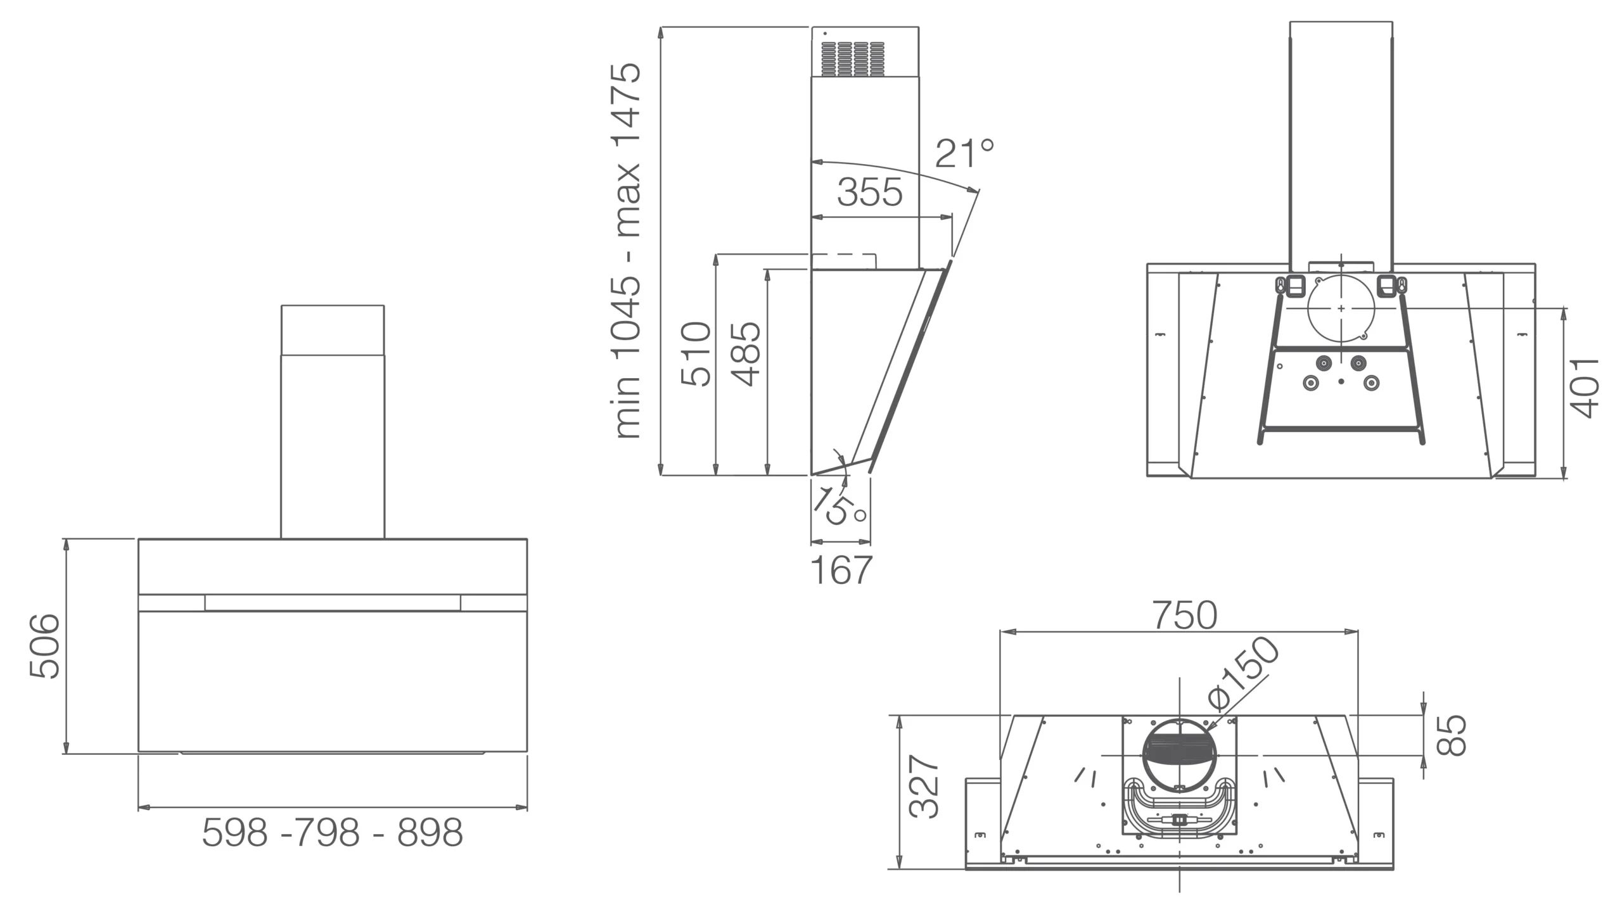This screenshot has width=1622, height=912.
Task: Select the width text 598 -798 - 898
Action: (x=333, y=832)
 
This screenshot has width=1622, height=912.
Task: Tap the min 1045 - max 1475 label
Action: (x=627, y=251)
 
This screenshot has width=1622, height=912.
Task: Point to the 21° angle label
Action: (x=964, y=153)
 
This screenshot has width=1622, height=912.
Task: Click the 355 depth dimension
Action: (x=869, y=192)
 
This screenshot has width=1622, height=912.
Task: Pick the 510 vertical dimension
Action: (x=696, y=353)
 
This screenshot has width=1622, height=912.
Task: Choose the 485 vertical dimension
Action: (x=746, y=353)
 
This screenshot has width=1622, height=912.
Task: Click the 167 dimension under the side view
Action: (x=841, y=570)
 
